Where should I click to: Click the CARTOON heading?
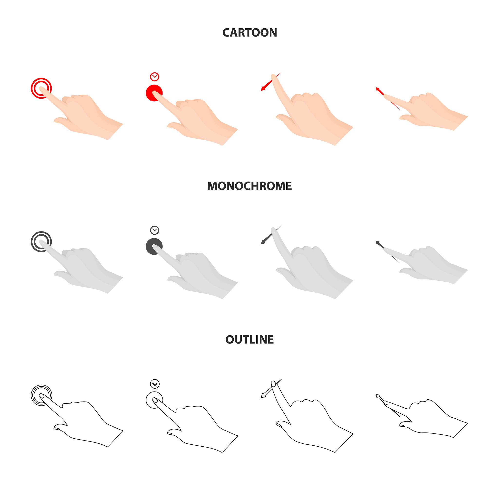249,33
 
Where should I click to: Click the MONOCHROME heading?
249,186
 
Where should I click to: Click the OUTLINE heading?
249,340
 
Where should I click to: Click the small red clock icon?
155,77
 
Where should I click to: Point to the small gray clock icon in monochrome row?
155,230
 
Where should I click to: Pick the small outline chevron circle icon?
155,384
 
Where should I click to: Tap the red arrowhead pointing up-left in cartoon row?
378,89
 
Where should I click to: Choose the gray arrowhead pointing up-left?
378,243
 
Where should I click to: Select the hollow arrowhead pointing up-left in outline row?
378,396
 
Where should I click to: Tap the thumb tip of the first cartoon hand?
56,121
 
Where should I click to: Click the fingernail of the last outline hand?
386,403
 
